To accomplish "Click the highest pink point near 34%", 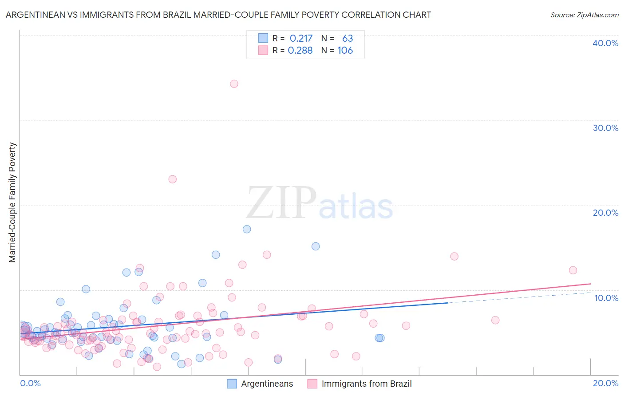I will (x=234, y=84).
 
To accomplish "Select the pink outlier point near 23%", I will (x=173, y=179).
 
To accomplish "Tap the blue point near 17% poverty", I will (x=247, y=229).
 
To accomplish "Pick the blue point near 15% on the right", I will (x=316, y=246).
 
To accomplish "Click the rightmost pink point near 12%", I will (x=573, y=270).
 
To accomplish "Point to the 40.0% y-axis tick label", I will (x=605, y=43).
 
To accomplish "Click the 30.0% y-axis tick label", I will (x=605, y=128).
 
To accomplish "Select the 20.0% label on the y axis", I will (x=605, y=213).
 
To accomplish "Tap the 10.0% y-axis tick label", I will (x=605, y=298).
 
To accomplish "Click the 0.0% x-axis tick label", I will (x=30, y=383).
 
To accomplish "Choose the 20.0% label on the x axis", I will (x=605, y=383).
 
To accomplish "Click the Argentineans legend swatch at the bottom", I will (x=232, y=384).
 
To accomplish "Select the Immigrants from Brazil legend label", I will (x=367, y=384).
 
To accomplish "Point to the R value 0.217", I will (x=301, y=39).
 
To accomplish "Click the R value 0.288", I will (x=300, y=51).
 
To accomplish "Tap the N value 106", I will (x=345, y=51).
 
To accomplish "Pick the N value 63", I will (x=348, y=39).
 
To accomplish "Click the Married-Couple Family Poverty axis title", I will (x=12, y=202).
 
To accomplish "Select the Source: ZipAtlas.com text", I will (x=584, y=15).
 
